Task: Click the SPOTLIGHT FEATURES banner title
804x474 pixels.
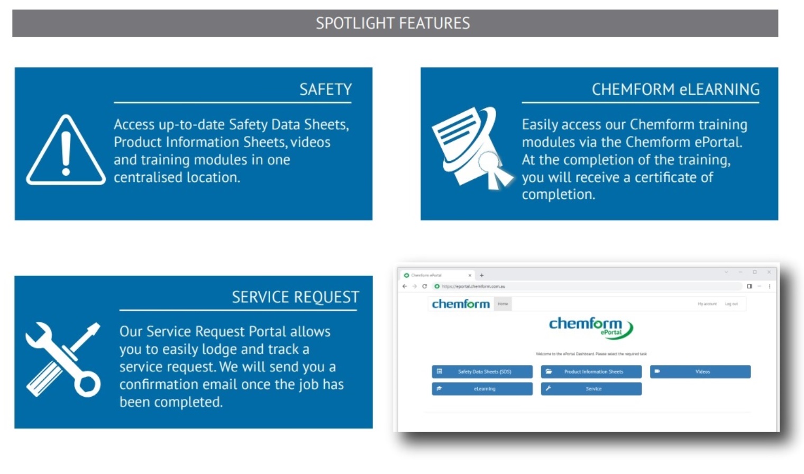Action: (x=393, y=23)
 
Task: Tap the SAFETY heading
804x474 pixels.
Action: (x=325, y=89)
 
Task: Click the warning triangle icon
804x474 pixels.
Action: (x=66, y=151)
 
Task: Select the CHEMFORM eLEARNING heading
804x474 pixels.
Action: (x=675, y=89)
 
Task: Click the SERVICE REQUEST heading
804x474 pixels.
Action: (x=295, y=297)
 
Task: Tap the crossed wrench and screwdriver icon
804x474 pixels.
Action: (x=63, y=359)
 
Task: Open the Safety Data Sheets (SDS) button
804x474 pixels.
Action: (x=482, y=372)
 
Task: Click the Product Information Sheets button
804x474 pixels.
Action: (x=591, y=372)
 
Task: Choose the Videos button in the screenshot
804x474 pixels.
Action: (x=700, y=372)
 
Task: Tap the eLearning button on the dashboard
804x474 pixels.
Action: (x=482, y=389)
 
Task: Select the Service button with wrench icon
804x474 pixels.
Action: (x=591, y=389)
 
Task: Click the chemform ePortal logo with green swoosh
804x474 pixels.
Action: (x=590, y=327)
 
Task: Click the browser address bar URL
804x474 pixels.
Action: (x=473, y=286)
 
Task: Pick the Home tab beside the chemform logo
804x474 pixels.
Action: (x=502, y=304)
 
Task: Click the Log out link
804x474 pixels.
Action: (x=731, y=304)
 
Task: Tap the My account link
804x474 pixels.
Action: (x=707, y=304)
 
